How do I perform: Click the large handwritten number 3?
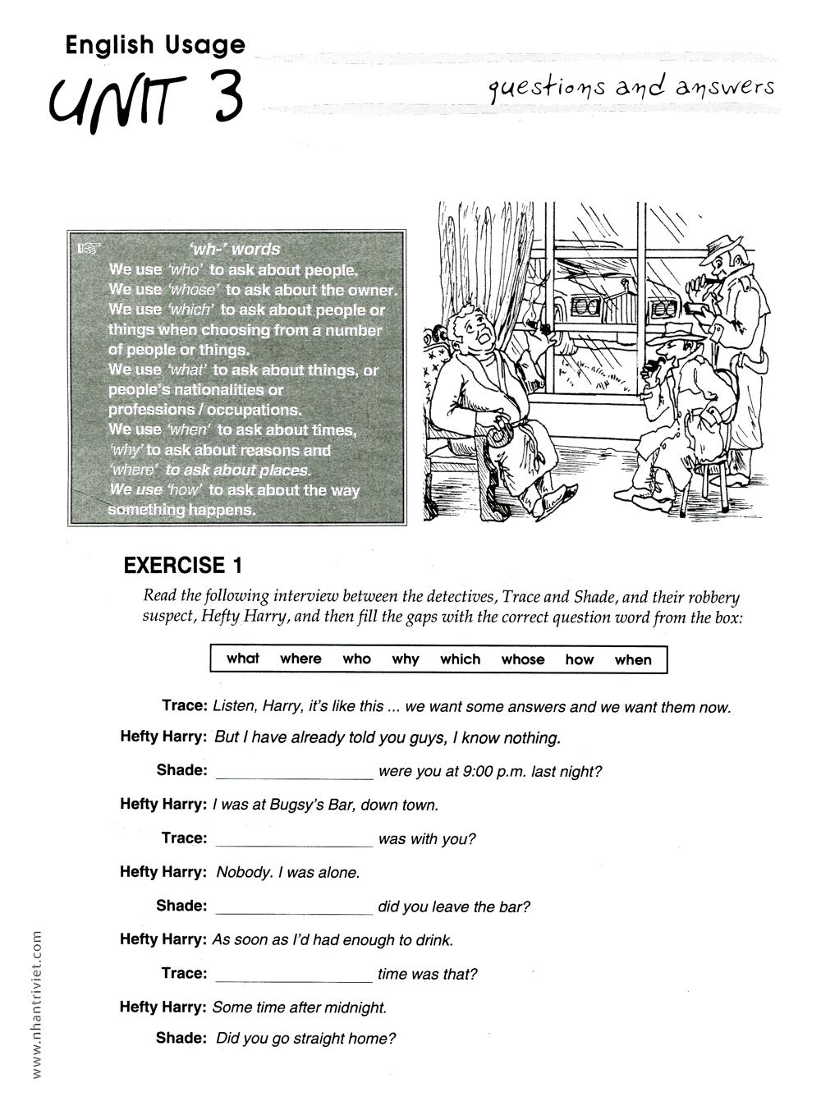click(219, 98)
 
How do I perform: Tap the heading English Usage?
click(155, 44)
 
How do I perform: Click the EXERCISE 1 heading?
click(183, 565)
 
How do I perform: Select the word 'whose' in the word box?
click(523, 659)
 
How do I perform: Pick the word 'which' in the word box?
click(460, 659)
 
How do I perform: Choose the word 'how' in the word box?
click(579, 659)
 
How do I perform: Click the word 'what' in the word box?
click(242, 659)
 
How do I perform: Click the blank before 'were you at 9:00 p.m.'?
click(294, 772)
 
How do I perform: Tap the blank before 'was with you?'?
click(294, 839)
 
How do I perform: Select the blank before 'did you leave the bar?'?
click(294, 907)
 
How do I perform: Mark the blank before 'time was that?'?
click(294, 975)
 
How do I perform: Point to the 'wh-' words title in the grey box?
click(234, 249)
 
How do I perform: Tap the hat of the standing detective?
click(723, 244)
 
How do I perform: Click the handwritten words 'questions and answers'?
click(631, 87)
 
